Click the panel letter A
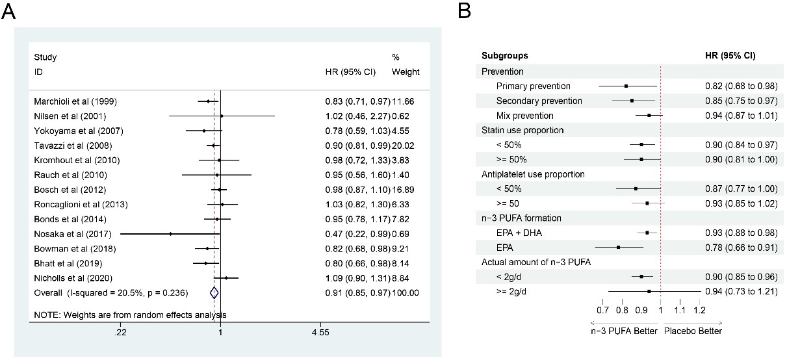tap(9, 11)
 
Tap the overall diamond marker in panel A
tap(214, 293)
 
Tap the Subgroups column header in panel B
tap(504, 56)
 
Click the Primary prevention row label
tap(533, 86)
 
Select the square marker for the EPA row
tap(618, 247)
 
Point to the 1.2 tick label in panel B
tap(699, 311)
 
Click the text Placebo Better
tap(693, 331)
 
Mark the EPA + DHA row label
tap(520, 233)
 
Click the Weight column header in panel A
tap(406, 71)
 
